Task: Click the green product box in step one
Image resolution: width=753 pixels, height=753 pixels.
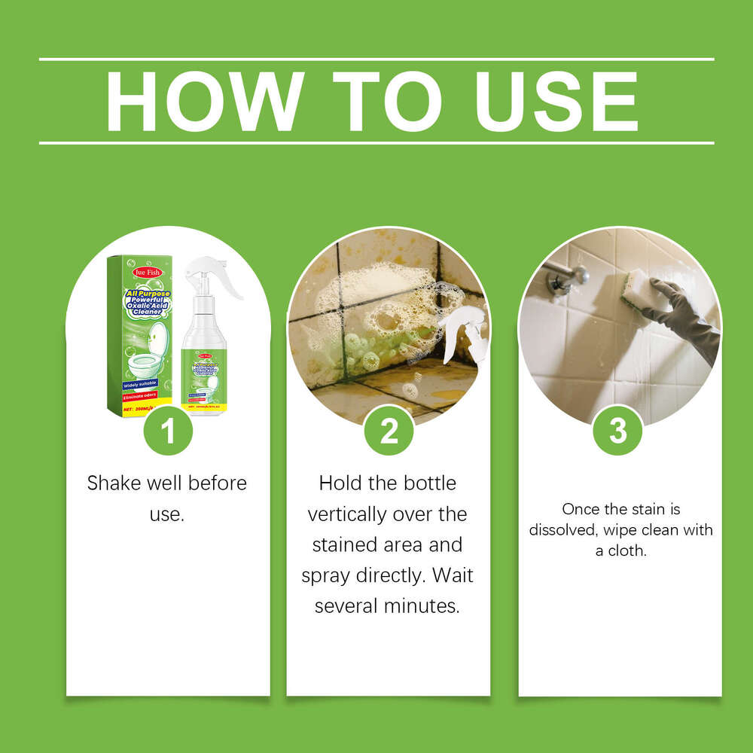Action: click(140, 335)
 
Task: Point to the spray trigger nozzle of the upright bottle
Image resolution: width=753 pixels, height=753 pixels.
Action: click(214, 276)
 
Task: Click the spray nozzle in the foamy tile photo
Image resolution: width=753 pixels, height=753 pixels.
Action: click(463, 331)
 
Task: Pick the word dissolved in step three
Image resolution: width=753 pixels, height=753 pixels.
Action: click(560, 530)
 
